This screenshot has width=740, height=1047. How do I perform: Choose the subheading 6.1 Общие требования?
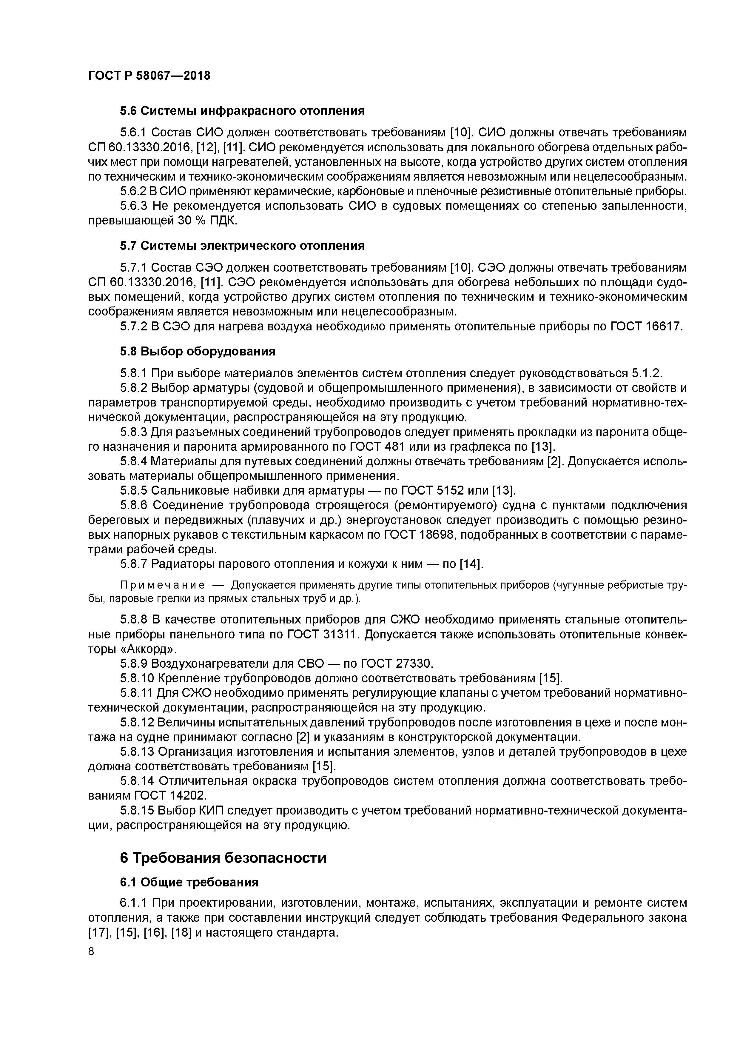pos(189,882)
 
